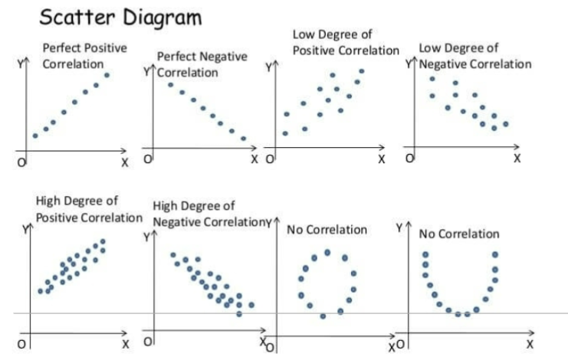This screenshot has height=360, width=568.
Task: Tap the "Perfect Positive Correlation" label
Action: (84, 56)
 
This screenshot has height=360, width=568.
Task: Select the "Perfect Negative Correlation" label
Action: (202, 64)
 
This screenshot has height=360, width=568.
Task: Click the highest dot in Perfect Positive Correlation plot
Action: (107, 74)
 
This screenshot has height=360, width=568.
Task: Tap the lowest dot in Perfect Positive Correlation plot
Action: (35, 136)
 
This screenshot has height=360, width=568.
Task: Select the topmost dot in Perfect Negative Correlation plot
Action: (170, 83)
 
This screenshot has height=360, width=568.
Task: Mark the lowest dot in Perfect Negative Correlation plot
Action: (244, 139)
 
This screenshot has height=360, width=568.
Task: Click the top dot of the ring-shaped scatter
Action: (327, 251)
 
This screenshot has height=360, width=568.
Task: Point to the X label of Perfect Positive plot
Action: (126, 162)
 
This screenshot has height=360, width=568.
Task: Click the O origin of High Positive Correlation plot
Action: (21, 345)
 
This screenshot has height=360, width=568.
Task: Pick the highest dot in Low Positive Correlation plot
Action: (362, 71)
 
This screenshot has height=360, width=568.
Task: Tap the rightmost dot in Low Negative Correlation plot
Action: (506, 123)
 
